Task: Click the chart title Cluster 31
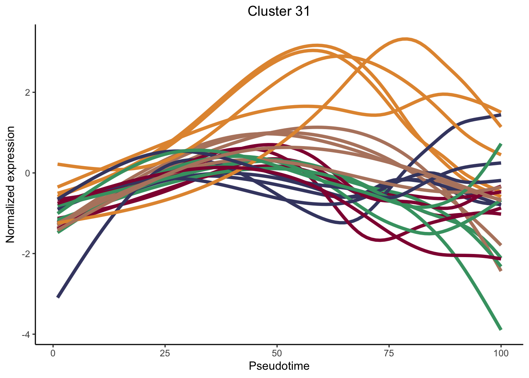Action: click(x=279, y=11)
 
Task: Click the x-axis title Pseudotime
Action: click(x=279, y=366)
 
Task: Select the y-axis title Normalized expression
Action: click(x=11, y=185)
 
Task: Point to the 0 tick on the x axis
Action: click(x=53, y=353)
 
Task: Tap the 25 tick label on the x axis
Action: click(x=165, y=353)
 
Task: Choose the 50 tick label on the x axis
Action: click(x=277, y=353)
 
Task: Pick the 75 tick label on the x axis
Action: click(x=389, y=353)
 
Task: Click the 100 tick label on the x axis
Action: click(x=501, y=353)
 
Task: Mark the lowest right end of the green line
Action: click(x=501, y=329)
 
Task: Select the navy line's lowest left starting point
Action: click(x=58, y=297)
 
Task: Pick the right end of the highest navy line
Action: click(x=501, y=115)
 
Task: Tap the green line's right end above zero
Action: click(x=501, y=144)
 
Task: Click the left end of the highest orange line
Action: click(x=58, y=164)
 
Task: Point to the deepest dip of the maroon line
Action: click(x=380, y=240)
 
